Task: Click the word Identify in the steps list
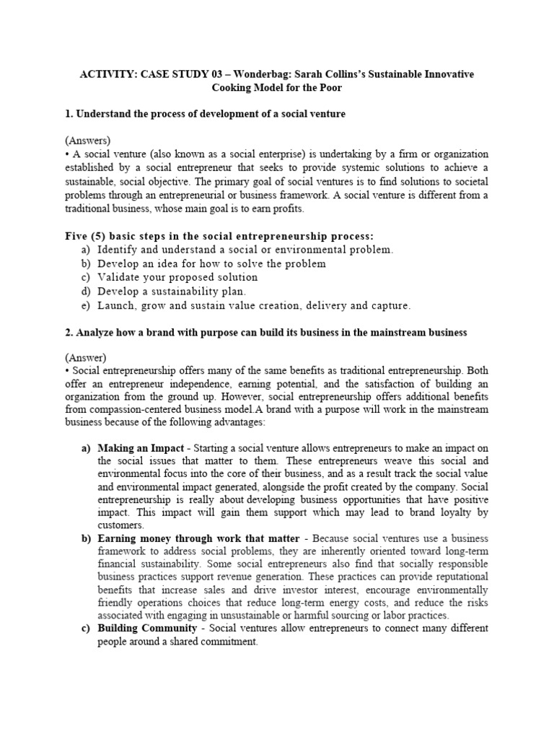119,250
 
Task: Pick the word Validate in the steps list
119,277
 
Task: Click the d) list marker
86,292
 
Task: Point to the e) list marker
86,305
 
